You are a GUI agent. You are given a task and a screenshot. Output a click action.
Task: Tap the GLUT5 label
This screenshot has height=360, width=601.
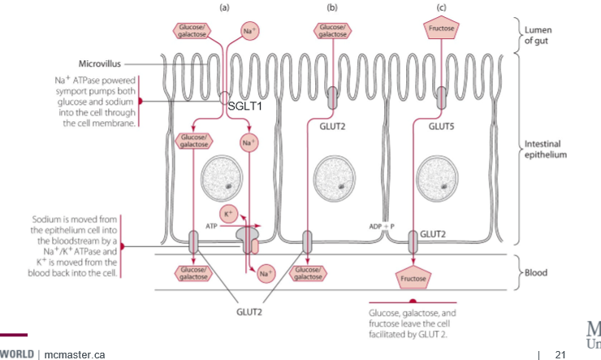(x=442, y=125)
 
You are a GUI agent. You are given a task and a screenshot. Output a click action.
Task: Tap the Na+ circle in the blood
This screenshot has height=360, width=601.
(x=264, y=272)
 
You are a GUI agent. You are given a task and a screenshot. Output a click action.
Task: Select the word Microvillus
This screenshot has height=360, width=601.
(x=99, y=63)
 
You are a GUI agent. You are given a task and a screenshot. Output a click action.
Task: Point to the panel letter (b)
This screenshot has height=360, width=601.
(x=331, y=7)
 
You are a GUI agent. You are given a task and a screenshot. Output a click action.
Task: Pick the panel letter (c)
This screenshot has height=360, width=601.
(x=442, y=7)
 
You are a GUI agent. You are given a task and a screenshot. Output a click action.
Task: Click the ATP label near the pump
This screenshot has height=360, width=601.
(x=212, y=225)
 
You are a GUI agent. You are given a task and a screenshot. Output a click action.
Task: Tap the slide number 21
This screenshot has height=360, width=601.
(x=559, y=354)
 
